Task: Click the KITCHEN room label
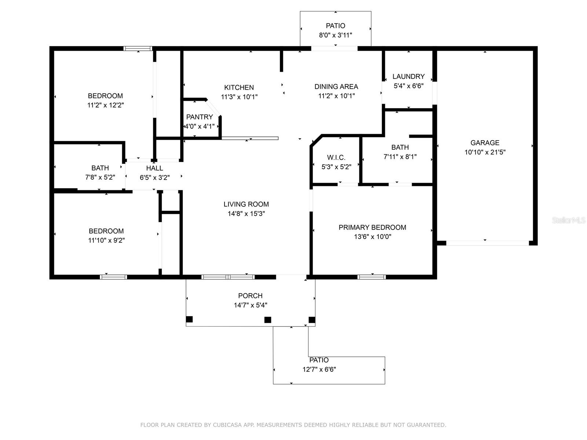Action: coord(239,87)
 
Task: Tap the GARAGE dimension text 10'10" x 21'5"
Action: coord(485,152)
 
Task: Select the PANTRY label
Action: coord(199,117)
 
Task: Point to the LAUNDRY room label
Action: coord(408,76)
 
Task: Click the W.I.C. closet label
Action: coord(336,157)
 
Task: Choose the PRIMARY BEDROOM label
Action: coord(372,227)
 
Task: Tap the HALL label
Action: coord(154,168)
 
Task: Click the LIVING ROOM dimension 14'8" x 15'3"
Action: coord(246,214)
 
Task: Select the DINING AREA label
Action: coord(336,87)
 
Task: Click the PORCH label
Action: coord(250,296)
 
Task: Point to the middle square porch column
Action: coord(268,320)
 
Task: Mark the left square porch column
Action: coord(189,319)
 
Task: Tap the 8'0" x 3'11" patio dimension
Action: coord(335,35)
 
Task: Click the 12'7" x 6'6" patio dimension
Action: coord(319,370)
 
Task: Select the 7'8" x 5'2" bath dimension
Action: coord(100,177)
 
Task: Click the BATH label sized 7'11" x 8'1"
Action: coord(400,147)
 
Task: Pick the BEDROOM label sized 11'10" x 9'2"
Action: coord(106,231)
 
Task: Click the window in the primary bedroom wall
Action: coord(372,277)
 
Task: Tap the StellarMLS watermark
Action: coord(569,220)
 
